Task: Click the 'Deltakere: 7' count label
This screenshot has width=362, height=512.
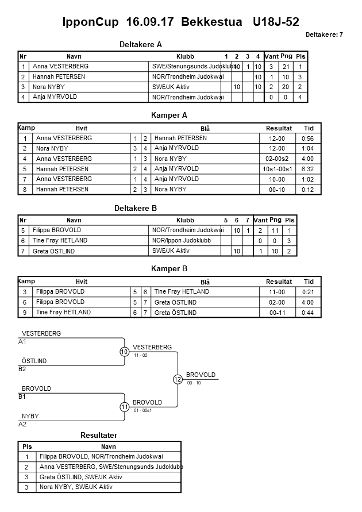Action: pos(324,35)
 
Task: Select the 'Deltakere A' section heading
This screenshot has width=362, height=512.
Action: pos(141,44)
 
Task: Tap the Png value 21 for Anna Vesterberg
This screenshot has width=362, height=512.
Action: pos(286,67)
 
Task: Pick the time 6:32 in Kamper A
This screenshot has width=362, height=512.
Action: pos(308,169)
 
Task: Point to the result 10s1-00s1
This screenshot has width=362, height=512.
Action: pos(279,169)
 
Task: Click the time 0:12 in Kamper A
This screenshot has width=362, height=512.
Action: pos(308,190)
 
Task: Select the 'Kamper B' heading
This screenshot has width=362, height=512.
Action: pos(170,269)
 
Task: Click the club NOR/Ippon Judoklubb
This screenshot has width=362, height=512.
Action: pos(181,241)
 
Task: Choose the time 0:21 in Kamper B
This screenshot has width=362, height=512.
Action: pos(308,292)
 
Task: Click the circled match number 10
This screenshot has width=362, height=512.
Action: pos(124,352)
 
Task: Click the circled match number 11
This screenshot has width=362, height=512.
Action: pos(124,407)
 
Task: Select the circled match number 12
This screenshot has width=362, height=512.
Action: pos(178,379)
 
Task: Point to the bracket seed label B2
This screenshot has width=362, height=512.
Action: pos(22,369)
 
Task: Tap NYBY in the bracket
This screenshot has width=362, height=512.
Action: pos(30,416)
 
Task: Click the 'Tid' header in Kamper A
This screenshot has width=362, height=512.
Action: pos(308,128)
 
